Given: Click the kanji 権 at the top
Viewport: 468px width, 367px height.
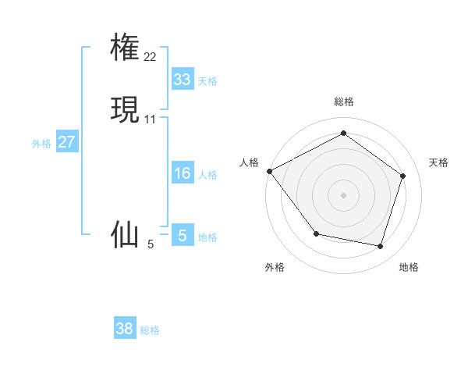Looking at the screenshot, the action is (x=125, y=48).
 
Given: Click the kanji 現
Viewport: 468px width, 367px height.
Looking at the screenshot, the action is (x=125, y=110).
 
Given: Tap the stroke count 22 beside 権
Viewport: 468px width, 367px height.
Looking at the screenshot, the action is (x=151, y=57).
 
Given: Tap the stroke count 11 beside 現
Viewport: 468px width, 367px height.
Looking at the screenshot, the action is (x=151, y=119).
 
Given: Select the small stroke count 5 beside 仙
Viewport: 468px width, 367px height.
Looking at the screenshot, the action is (x=151, y=244).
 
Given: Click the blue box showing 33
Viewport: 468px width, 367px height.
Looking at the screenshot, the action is (x=182, y=80).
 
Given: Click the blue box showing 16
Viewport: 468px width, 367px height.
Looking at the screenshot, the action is (x=182, y=173).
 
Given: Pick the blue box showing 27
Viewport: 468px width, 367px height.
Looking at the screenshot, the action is (x=66, y=142).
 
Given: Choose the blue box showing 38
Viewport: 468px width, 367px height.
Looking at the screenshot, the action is (x=125, y=329).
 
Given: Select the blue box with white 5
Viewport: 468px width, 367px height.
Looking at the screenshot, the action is (x=182, y=235).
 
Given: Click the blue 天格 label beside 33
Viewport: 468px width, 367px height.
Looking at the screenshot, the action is (x=207, y=81).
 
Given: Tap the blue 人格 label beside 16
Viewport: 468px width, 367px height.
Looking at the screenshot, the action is (x=207, y=175).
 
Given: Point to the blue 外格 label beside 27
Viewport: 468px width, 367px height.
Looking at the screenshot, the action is (x=41, y=144).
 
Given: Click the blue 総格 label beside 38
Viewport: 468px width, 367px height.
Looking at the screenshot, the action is (x=150, y=330).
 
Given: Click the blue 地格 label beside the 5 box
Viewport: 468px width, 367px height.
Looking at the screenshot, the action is (x=207, y=237).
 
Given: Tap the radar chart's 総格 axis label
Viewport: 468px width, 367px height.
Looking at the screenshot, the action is (x=343, y=102).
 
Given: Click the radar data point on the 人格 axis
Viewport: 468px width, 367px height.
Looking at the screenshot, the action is (x=269, y=171).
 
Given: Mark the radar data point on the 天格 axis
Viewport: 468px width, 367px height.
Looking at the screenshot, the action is (x=402, y=176).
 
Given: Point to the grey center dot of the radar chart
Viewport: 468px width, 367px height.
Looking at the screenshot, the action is (x=343, y=194).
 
